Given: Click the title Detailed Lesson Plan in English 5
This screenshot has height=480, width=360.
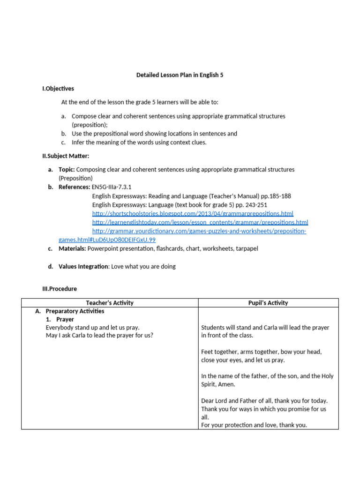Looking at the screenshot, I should coord(180,75).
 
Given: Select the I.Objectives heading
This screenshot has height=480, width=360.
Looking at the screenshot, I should coord(58,89).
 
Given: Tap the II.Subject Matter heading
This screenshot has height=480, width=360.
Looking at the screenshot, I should coord(65,156).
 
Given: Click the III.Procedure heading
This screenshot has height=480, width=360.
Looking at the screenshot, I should coord(60,289).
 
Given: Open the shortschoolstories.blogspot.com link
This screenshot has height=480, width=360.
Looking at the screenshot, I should coord(193,214).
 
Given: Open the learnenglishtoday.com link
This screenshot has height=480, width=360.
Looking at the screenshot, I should coord(200,222).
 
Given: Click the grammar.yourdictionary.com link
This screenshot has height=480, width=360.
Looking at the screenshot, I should coord(199,231).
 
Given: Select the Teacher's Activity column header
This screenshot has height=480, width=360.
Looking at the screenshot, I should coord(110,303).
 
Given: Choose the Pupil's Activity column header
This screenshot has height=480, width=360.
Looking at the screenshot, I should coord(268,303).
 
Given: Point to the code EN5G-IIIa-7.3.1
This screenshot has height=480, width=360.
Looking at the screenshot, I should coord(112,187).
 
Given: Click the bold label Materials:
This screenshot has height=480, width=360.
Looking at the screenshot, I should coord(72,249).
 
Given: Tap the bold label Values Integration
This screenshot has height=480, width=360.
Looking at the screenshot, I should coord(83,267).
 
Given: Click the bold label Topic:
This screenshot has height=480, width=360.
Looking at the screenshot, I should coord(67,170).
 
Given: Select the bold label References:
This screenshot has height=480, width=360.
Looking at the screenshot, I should coord(74,187).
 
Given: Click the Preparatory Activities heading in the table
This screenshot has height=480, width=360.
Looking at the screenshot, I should coord(75,311).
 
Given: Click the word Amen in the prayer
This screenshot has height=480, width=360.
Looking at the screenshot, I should coord(227,384).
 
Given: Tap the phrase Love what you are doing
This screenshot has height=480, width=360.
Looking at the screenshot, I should coord(143,267).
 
